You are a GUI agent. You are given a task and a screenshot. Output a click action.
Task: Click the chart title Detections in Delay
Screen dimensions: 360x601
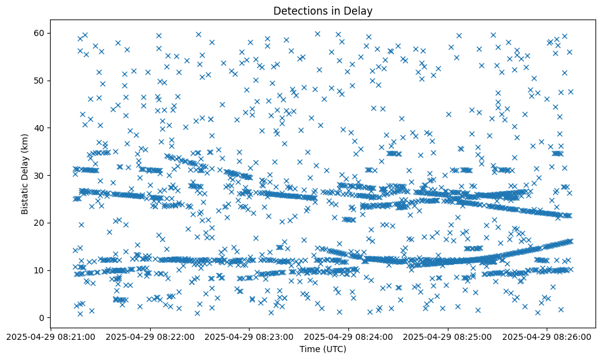[x=322, y=10]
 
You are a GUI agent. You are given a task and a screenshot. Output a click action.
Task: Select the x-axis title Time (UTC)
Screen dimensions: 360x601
[x=323, y=349]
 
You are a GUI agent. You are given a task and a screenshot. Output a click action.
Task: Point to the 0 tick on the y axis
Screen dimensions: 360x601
[x=59, y=318]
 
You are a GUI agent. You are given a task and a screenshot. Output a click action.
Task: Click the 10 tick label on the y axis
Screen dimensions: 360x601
[x=56, y=270]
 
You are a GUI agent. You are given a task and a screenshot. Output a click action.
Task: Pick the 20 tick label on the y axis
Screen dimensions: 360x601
[x=56, y=223]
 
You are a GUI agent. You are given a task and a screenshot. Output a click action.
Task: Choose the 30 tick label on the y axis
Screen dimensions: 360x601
[x=56, y=175]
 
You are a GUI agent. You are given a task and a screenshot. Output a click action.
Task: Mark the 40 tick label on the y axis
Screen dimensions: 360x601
[x=56, y=128]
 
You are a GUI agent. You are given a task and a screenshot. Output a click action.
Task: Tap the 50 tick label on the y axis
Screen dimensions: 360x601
[x=56, y=80]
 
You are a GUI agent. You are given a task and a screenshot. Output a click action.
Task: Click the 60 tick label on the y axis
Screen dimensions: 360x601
[x=56, y=32]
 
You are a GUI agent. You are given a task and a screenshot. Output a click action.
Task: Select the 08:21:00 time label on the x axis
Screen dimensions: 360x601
[x=51, y=336]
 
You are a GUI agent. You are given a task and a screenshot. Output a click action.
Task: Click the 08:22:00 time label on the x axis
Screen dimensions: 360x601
[x=150, y=336]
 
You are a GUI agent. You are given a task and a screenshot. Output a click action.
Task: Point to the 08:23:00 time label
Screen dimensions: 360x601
[x=250, y=336]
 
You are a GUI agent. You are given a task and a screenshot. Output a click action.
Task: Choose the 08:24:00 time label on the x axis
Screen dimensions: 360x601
[x=349, y=336]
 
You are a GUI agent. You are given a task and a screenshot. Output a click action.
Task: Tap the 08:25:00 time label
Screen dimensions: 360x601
[x=448, y=336]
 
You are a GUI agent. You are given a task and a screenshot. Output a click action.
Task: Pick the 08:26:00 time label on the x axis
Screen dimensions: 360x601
[x=547, y=336]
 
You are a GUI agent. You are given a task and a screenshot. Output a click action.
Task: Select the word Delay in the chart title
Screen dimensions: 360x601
[x=359, y=10]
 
